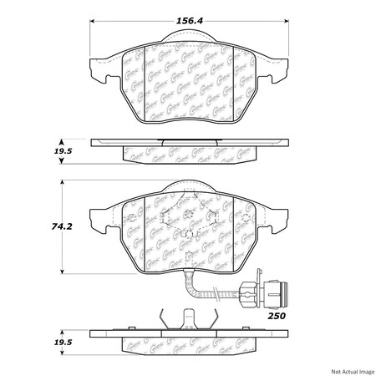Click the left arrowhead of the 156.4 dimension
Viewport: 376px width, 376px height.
[x=91, y=22]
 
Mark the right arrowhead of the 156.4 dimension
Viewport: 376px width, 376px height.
[x=288, y=22]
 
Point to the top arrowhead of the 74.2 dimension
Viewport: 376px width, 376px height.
[x=63, y=183]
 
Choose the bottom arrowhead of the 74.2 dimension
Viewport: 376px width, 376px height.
[x=63, y=273]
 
